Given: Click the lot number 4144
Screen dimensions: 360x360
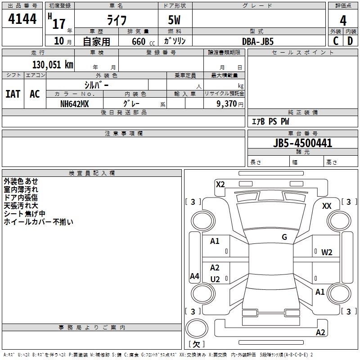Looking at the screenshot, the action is [22, 19].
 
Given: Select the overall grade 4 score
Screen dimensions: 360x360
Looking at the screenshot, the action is [343, 21].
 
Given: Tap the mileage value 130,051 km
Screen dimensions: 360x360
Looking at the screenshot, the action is [53, 65].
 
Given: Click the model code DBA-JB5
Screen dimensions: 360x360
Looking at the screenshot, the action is [258, 41].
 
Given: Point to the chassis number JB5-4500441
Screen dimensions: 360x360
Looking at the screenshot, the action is [302, 143].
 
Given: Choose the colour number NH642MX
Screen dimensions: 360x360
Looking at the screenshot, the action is [74, 104].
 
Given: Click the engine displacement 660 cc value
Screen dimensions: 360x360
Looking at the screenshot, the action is [143, 41].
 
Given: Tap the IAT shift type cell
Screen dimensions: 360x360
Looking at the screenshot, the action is [13, 94].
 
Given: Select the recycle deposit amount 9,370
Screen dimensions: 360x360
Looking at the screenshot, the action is [227, 104].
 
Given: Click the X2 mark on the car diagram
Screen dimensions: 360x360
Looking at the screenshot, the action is [220, 184].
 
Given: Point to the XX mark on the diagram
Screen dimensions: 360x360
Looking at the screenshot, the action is [327, 206].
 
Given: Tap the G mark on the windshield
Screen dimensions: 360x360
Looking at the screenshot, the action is [284, 237].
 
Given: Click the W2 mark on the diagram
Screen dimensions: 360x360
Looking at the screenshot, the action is [327, 252].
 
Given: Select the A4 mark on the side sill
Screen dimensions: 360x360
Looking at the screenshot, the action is [194, 276].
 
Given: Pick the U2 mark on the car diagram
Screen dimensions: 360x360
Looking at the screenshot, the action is [215, 279].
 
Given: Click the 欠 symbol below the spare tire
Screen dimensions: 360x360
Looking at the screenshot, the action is [196, 344].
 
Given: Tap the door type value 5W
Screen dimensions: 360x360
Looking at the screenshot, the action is [174, 20].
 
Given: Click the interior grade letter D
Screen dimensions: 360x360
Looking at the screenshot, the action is [350, 41].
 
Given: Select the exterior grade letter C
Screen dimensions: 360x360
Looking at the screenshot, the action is [336, 41].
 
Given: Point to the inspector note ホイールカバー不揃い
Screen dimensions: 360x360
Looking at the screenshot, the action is [38, 222].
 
